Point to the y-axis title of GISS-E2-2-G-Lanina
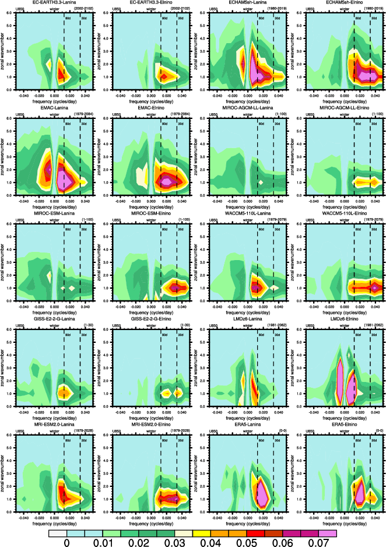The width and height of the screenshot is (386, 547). [4, 371]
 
